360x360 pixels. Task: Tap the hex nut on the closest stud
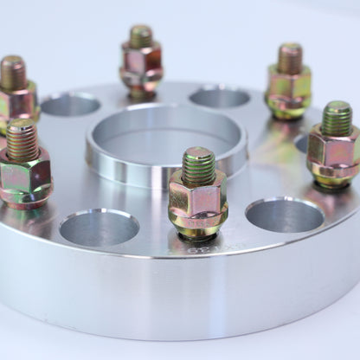(x=198, y=200)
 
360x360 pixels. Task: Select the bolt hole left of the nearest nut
(x=100, y=227)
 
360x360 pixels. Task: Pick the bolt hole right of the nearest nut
(x=285, y=215)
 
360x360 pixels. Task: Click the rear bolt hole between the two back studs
(x=219, y=97)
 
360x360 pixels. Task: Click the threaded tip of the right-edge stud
(x=337, y=118)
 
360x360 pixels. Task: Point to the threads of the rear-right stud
(x=290, y=59)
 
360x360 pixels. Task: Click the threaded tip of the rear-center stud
(x=140, y=36)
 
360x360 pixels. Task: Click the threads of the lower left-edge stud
(x=22, y=140)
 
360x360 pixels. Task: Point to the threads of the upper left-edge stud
(x=12, y=73)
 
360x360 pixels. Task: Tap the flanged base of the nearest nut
(x=199, y=227)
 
